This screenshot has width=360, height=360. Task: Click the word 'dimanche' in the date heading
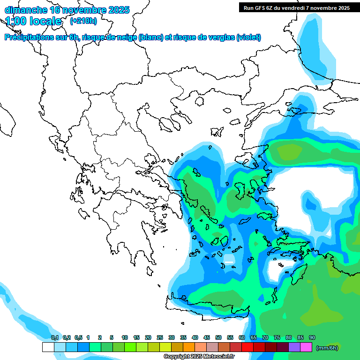pos(24,10)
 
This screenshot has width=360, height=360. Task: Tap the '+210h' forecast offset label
pos(83,21)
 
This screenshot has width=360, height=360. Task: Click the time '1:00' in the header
pos(15,21)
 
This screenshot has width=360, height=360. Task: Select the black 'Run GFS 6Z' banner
pos(297,7)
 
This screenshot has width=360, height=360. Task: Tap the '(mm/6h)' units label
pos(327,348)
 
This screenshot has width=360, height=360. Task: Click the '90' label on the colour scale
pos(312,338)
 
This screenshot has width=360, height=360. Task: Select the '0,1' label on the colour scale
pos(54,338)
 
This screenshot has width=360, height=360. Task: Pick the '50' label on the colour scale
pos(218,338)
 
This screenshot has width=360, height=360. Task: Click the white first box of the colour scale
pos(48,347)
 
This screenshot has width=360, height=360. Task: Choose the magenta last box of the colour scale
pos(306,347)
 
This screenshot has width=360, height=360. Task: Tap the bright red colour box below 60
pos(247,347)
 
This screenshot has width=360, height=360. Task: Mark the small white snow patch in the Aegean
pos(229,258)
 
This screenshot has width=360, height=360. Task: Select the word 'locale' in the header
pos(45,21)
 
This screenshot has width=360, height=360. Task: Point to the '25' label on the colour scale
pos(160,338)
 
